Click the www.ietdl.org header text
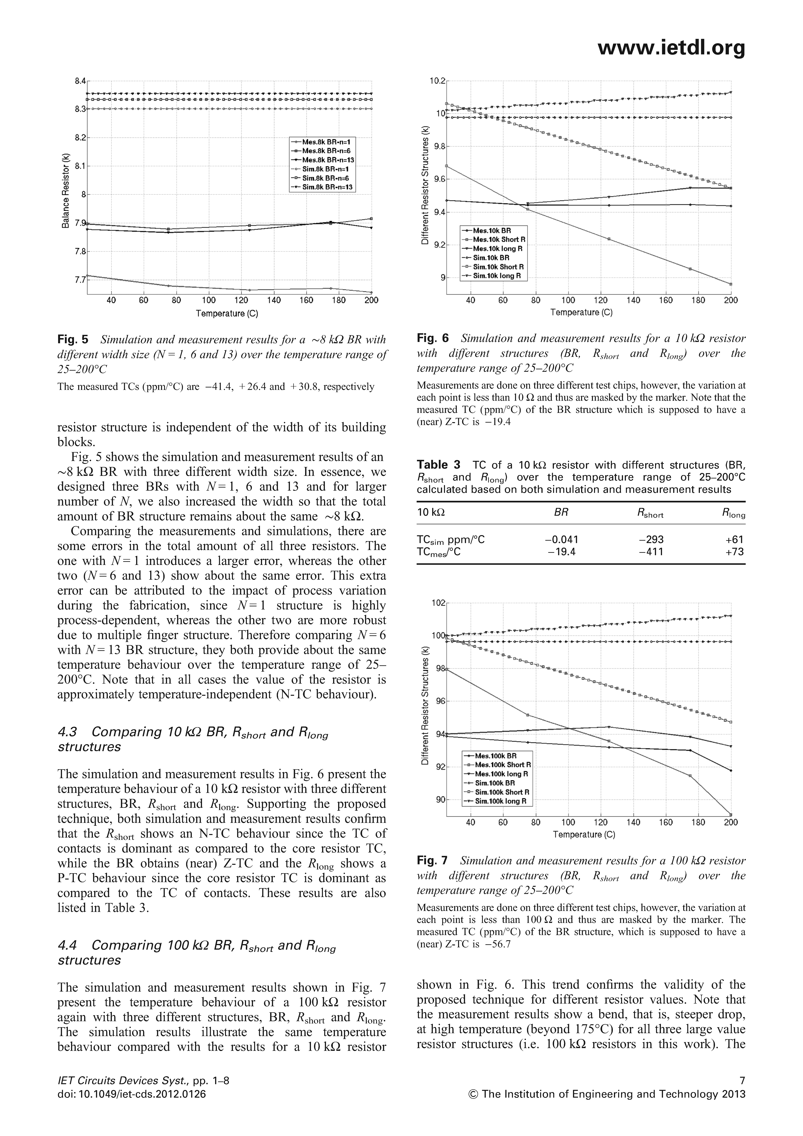pos(671,48)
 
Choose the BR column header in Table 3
pos(561,513)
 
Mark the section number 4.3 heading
pos(69,731)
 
